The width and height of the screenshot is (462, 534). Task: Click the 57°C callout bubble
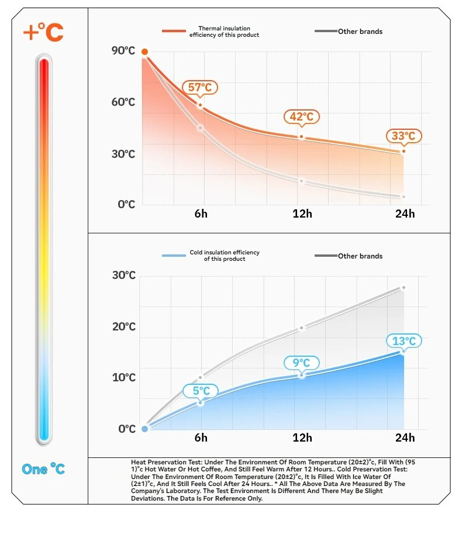tap(200, 88)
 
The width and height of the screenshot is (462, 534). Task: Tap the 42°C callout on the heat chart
tap(302, 116)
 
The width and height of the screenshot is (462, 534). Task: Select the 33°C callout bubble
tap(404, 136)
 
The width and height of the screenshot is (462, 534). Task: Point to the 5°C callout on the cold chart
tap(201, 391)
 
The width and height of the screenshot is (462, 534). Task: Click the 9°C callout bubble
tap(302, 363)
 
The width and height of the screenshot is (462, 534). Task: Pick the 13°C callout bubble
tap(404, 341)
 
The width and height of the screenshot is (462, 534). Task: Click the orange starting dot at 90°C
tap(144, 52)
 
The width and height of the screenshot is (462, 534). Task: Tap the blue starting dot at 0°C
tap(145, 429)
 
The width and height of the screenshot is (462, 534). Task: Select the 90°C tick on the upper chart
tap(123, 51)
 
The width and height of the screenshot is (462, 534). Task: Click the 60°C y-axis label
tap(123, 102)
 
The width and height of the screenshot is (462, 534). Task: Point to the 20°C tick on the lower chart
tap(123, 326)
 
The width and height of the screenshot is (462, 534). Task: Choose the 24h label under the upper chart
tap(405, 213)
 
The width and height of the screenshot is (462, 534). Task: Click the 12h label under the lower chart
tap(302, 438)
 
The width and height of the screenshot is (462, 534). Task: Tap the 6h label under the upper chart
tap(201, 213)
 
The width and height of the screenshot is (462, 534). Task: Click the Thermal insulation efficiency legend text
tap(224, 32)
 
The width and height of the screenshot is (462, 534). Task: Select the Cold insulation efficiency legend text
tap(225, 256)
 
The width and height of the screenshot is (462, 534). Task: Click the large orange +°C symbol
tap(43, 32)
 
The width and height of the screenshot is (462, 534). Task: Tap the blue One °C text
tap(43, 469)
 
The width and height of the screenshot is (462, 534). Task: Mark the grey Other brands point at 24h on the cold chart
tap(404, 287)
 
